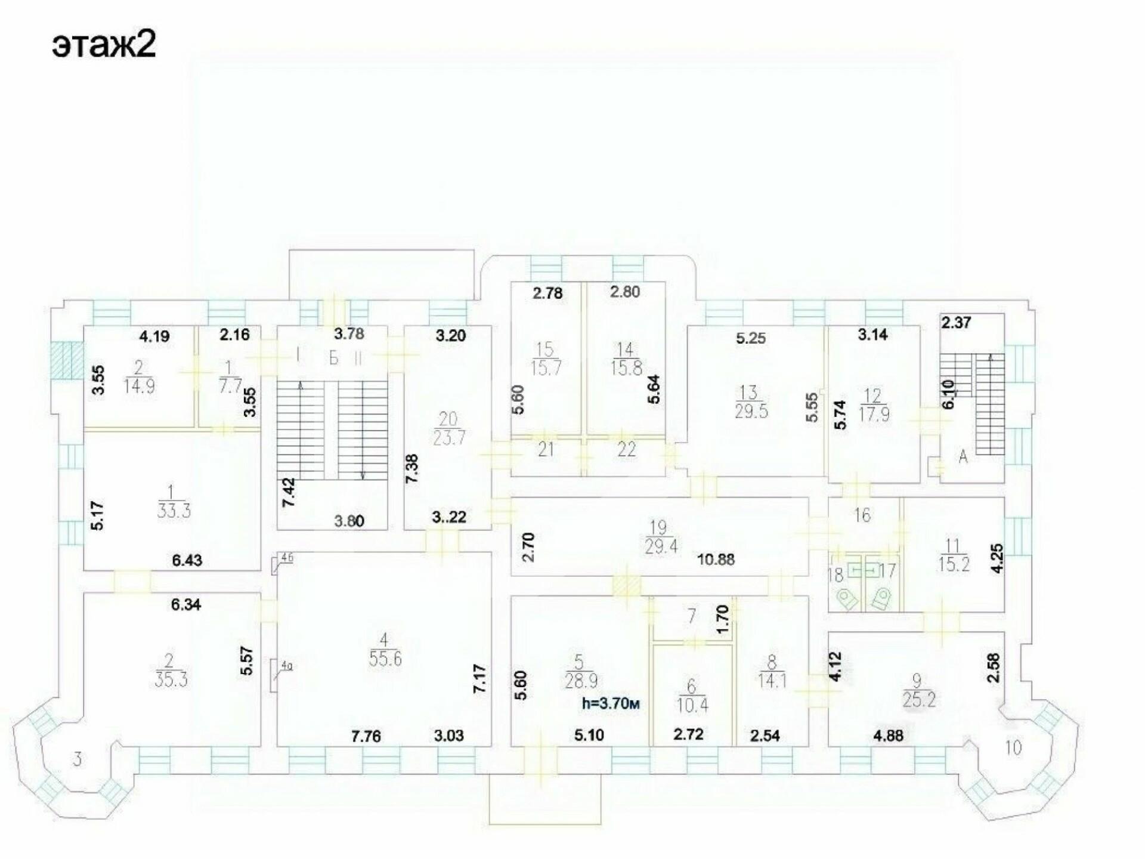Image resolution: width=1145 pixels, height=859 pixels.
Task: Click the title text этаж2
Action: pyautogui.click(x=104, y=44)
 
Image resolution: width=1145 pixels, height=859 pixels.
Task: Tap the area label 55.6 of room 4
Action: pyautogui.click(x=385, y=659)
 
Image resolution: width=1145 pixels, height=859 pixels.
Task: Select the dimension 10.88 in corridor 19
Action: pyautogui.click(x=716, y=560)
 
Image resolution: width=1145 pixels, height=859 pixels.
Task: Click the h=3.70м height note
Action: pyautogui.click(x=611, y=704)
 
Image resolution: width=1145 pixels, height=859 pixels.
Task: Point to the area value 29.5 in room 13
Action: pyautogui.click(x=751, y=411)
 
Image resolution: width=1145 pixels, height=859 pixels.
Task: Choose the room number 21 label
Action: pyautogui.click(x=546, y=449)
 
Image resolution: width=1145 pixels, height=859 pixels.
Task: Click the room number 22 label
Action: pyautogui.click(x=626, y=449)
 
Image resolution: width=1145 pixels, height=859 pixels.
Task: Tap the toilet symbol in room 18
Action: pyautogui.click(x=847, y=598)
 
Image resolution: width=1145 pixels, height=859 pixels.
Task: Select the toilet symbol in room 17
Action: pyautogui.click(x=881, y=598)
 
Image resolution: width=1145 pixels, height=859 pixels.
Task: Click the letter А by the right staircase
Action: pyautogui.click(x=963, y=458)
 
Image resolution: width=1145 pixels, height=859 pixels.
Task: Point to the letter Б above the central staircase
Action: pyautogui.click(x=333, y=359)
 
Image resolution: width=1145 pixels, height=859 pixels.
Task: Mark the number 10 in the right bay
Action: pyautogui.click(x=1013, y=747)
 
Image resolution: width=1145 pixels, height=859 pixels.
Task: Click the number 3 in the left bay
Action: pyautogui.click(x=77, y=760)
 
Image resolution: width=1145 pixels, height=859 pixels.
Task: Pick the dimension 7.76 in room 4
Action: pyautogui.click(x=366, y=736)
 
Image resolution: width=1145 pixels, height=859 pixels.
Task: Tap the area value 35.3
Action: pyautogui.click(x=171, y=679)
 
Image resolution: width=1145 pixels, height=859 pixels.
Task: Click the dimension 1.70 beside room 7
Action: pyautogui.click(x=722, y=620)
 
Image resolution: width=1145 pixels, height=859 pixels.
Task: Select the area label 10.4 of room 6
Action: pyautogui.click(x=692, y=705)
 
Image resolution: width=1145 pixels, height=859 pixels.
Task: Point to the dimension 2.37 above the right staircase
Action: pyautogui.click(x=956, y=323)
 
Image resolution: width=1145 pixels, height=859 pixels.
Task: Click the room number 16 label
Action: pyautogui.click(x=862, y=514)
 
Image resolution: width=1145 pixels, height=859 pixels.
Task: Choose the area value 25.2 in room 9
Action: pyautogui.click(x=919, y=699)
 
